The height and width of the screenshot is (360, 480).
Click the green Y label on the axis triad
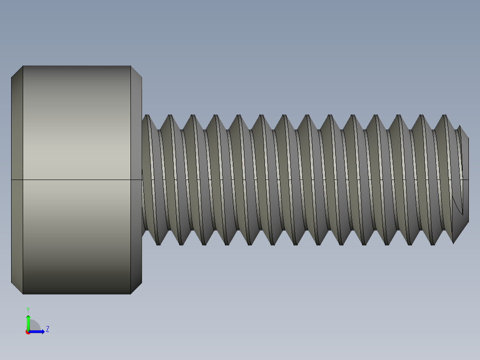[x=28, y=309]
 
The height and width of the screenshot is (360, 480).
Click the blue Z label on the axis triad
[x=48, y=329]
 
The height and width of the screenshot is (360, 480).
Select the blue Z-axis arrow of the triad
[x=38, y=331]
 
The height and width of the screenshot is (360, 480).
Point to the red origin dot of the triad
[x=28, y=332]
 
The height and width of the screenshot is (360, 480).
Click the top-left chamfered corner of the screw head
[x=17, y=72]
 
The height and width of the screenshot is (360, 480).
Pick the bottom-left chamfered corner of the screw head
[x=17, y=288]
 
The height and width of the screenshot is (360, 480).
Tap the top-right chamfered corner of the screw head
[x=136, y=72]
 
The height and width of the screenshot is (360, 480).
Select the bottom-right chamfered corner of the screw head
[x=136, y=288]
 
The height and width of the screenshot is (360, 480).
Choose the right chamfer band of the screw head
[x=136, y=134]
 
